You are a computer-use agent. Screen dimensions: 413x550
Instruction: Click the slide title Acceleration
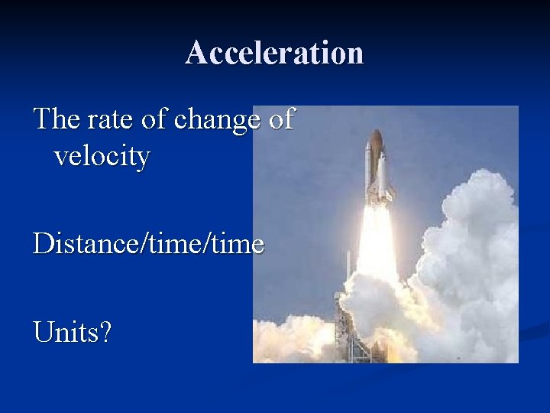pyautogui.click(x=274, y=53)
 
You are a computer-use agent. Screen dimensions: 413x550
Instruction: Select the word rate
pyautogui.click(x=104, y=119)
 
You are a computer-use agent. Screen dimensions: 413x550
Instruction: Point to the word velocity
pyautogui.click(x=102, y=157)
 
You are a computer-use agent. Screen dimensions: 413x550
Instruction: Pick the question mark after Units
pyautogui.click(x=105, y=332)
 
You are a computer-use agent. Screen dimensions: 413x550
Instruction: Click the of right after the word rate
pyautogui.click(x=151, y=119)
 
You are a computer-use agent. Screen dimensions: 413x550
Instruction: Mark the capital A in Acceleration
pyautogui.click(x=196, y=53)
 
